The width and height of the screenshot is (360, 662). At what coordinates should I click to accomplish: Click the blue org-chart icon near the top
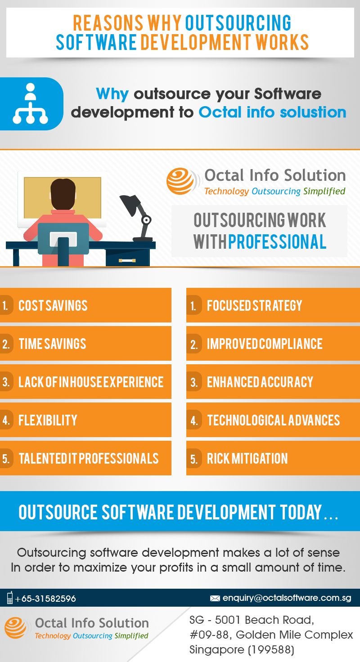30,103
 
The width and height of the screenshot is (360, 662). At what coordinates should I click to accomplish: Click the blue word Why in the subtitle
112,94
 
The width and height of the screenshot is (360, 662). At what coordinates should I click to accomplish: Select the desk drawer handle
127,260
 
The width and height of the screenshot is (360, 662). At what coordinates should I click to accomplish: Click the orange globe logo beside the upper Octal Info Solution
180,181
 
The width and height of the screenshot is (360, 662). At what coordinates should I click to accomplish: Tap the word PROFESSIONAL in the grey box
277,242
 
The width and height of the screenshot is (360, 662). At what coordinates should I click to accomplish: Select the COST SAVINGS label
53,305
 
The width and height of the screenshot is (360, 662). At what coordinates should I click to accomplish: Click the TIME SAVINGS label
52,344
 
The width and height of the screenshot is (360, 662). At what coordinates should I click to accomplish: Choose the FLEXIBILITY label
48,420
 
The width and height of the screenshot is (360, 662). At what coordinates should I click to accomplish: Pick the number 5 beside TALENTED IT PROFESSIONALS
5,459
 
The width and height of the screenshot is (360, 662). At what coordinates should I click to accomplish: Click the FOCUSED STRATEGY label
254,305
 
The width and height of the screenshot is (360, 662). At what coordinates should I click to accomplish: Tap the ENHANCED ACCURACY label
260,382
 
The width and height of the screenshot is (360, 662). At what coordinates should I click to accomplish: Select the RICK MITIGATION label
247,459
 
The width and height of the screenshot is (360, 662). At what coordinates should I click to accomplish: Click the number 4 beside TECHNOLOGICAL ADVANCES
194,420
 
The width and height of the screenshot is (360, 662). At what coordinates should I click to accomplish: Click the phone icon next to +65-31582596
10,597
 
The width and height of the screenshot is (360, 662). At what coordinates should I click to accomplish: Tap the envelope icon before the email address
215,598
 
